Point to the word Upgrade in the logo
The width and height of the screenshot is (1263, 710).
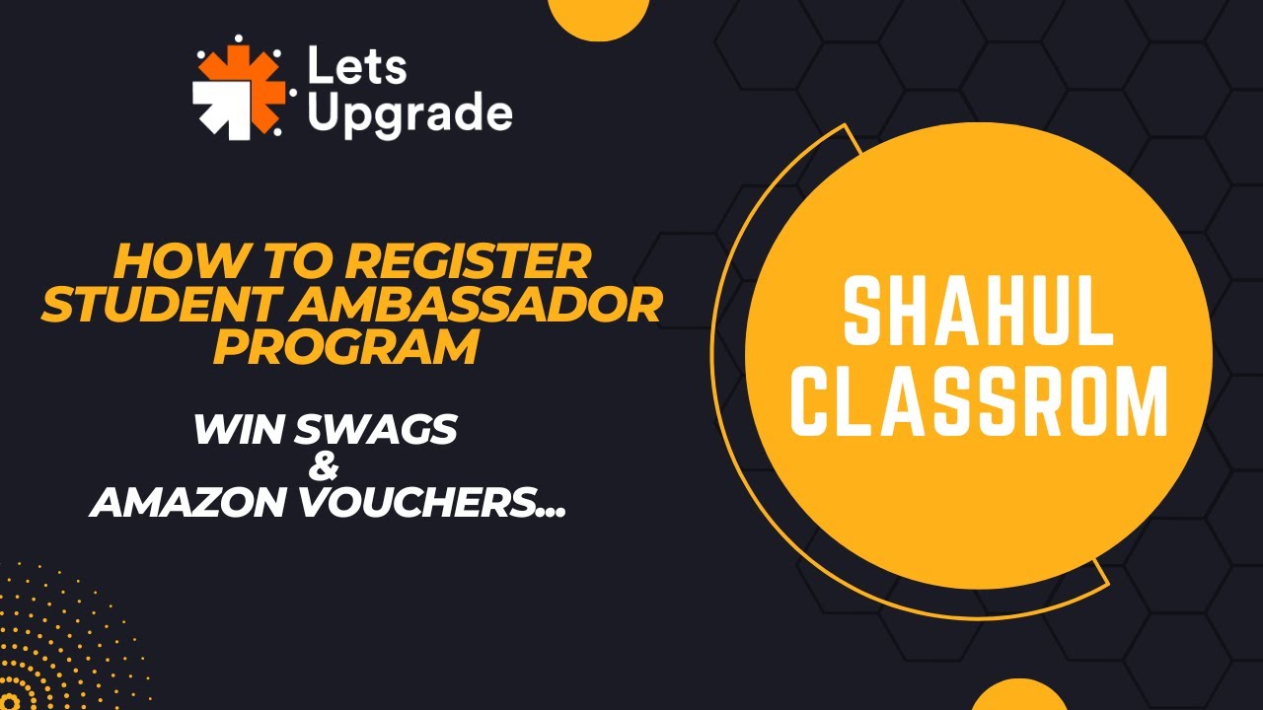click(x=409, y=113)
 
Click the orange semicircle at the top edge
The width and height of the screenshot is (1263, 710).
click(x=598, y=15)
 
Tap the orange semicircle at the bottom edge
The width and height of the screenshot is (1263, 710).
click(x=1019, y=696)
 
